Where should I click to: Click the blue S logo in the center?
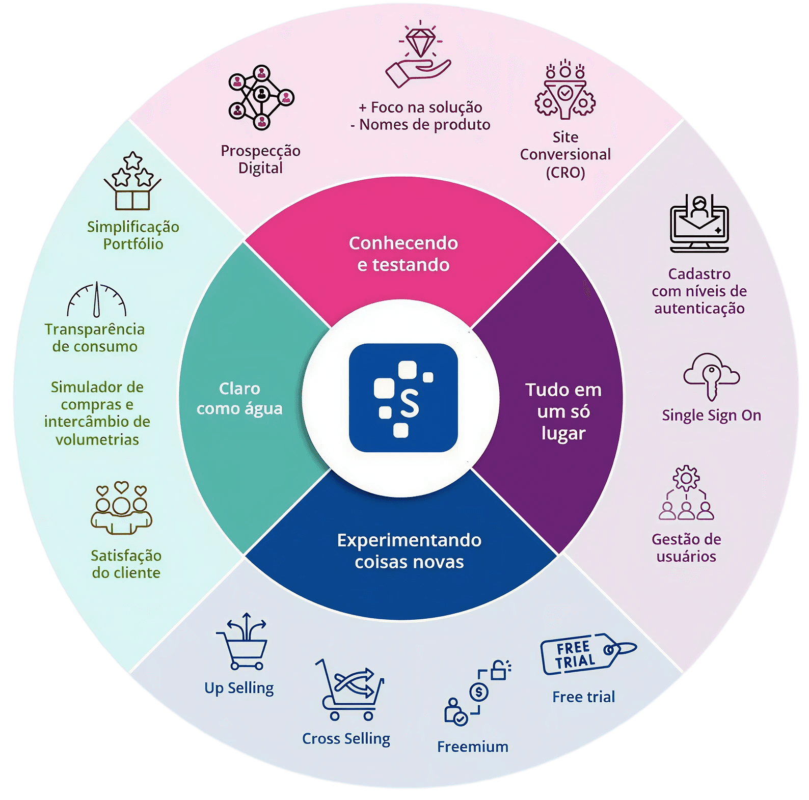click(x=403, y=398)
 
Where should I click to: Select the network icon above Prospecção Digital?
click(x=261, y=97)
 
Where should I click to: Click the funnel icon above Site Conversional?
click(x=565, y=92)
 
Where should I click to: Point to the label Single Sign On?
click(x=711, y=416)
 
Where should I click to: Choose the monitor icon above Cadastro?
click(x=699, y=224)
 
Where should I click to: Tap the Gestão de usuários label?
click(x=686, y=548)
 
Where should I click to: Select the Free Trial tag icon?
click(x=587, y=654)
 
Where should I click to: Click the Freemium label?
click(x=473, y=747)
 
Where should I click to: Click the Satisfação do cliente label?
click(x=126, y=564)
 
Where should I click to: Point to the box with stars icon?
click(x=132, y=181)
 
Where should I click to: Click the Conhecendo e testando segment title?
click(x=403, y=254)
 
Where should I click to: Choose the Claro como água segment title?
click(x=239, y=398)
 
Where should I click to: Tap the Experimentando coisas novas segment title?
click(x=409, y=551)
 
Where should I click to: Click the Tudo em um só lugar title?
click(x=563, y=411)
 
